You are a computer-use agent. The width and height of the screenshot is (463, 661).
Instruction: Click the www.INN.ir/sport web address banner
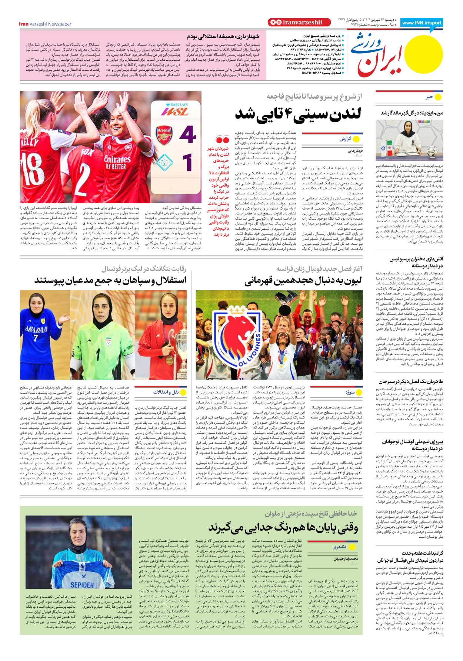pos(422,23)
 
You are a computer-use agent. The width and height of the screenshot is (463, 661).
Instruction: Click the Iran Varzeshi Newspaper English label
pos(45,24)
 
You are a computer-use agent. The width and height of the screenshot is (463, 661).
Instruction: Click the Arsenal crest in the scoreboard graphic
pos(164,135)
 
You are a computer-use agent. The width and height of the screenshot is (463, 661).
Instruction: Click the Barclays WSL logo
pos(174,110)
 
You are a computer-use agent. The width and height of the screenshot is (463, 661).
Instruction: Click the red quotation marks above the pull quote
pos(223,140)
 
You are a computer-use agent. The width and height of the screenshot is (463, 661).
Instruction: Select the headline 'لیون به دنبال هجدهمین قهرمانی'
pos(303,281)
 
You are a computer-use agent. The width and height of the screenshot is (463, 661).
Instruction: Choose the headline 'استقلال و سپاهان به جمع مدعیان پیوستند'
pos(110,280)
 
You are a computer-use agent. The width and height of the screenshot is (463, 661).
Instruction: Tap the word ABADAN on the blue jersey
pos(36,329)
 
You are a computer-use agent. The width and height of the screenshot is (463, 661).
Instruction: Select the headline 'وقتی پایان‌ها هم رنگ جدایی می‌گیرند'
pos(283,527)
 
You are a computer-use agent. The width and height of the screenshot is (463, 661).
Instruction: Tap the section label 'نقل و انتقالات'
pos(166,392)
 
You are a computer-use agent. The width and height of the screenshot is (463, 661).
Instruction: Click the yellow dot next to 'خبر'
pos(438,97)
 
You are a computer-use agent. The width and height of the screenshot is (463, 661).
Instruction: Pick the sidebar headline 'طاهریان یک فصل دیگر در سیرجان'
pos(411,381)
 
